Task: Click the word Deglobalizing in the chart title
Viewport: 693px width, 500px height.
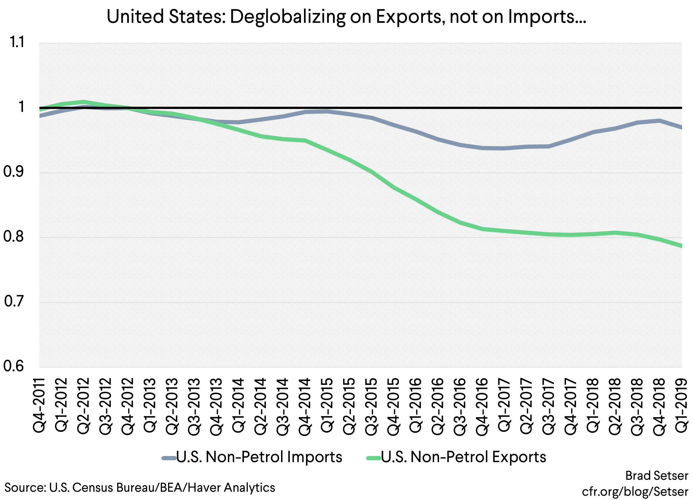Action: pyautogui.click(x=287, y=17)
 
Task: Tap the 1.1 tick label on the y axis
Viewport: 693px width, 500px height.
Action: pyautogui.click(x=16, y=42)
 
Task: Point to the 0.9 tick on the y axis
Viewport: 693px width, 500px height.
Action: pyautogui.click(x=13, y=172)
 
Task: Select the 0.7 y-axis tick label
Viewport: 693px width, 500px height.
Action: pyautogui.click(x=14, y=302)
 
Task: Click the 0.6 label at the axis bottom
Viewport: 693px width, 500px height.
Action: pyautogui.click(x=13, y=366)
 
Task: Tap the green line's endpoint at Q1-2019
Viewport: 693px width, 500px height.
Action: pyautogui.click(x=681, y=245)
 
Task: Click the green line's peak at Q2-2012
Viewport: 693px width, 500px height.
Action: pyautogui.click(x=83, y=102)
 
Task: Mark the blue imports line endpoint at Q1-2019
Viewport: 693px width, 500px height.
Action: pyautogui.click(x=681, y=127)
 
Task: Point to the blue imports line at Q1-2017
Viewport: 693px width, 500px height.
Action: pyautogui.click(x=504, y=148)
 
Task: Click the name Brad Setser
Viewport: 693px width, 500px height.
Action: pyautogui.click(x=657, y=476)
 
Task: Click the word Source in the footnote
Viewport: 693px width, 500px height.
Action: pyautogui.click(x=25, y=487)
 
